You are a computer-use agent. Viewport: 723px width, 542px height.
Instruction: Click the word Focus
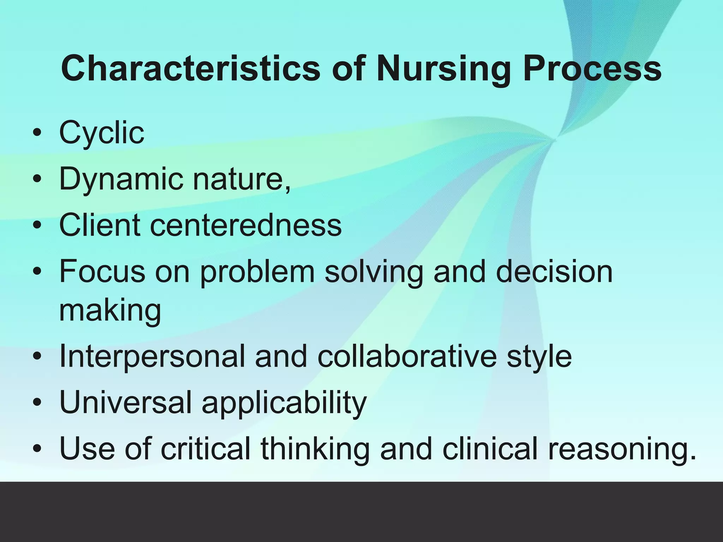click(102, 271)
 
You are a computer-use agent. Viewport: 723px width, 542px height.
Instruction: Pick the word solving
click(374, 271)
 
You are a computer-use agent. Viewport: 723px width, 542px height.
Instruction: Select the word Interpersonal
click(152, 356)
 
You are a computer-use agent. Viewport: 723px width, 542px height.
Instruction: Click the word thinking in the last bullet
click(315, 448)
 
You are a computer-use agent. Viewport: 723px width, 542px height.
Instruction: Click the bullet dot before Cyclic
click(37, 134)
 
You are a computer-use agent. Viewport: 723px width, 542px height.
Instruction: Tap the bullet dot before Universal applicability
click(37, 403)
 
